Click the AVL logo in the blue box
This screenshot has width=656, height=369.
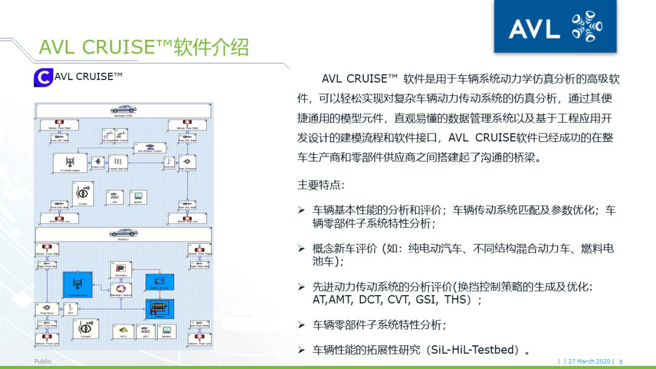click(555, 27)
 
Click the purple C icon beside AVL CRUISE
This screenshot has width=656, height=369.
click(43, 78)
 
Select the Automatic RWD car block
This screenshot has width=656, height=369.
click(123, 110)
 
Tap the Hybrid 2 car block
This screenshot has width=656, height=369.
click(123, 232)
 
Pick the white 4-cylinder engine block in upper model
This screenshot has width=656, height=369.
click(71, 163)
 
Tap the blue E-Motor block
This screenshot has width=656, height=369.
click(159, 310)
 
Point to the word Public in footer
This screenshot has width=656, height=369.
click(43, 361)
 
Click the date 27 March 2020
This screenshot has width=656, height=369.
click(589, 362)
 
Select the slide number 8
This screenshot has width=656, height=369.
click(621, 362)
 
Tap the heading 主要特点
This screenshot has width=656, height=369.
click(321, 184)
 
